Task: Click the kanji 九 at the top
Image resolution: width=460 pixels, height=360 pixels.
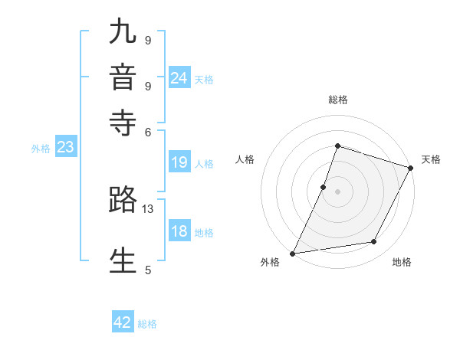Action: pyautogui.click(x=123, y=34)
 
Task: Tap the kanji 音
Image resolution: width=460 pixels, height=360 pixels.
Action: pyautogui.click(x=123, y=78)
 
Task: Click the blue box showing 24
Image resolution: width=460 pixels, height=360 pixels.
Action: pyautogui.click(x=179, y=78)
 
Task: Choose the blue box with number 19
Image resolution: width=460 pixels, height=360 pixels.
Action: pyautogui.click(x=179, y=162)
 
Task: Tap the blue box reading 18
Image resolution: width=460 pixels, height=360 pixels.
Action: pyautogui.click(x=179, y=232)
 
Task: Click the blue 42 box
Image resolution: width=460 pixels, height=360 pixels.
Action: pyautogui.click(x=123, y=322)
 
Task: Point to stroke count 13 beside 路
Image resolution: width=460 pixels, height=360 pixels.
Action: pyautogui.click(x=148, y=209)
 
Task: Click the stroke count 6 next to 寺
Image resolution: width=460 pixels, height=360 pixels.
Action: pyautogui.click(x=148, y=131)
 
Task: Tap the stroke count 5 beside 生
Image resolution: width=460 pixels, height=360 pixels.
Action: pyautogui.click(x=148, y=270)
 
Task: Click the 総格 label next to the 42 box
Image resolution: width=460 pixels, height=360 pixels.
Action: pyautogui.click(x=147, y=324)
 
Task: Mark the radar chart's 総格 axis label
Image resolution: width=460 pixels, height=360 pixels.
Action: pyautogui.click(x=337, y=100)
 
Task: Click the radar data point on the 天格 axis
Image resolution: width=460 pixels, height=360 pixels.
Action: pyautogui.click(x=412, y=168)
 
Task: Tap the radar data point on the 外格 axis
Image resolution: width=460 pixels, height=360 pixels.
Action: pyautogui.click(x=292, y=254)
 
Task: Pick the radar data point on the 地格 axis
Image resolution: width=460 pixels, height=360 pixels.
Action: pyautogui.click(x=374, y=242)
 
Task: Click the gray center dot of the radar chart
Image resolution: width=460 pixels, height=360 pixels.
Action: pyautogui.click(x=337, y=191)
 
